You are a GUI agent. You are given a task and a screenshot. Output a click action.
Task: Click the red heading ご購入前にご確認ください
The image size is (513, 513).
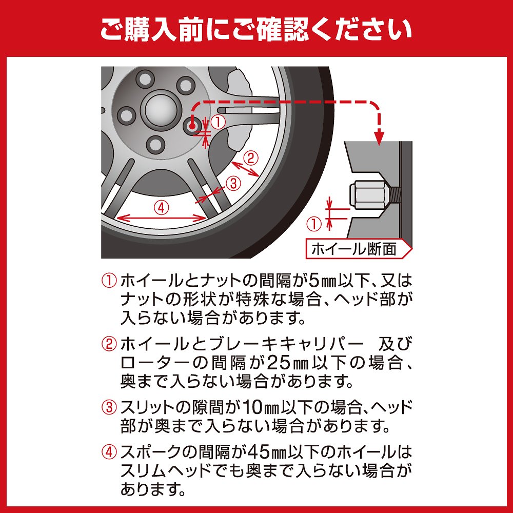tap(256, 30)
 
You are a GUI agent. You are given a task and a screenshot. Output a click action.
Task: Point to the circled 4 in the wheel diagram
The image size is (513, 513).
tap(161, 208)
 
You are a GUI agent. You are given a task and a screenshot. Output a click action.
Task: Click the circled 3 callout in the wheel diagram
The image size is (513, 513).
tap(233, 183)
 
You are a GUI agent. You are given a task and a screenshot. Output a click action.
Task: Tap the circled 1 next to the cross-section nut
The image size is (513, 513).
tap(314, 224)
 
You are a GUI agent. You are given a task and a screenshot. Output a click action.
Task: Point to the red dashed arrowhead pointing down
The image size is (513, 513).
tap(379, 137)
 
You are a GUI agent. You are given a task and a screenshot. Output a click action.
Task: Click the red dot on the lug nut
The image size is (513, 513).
tap(192, 126)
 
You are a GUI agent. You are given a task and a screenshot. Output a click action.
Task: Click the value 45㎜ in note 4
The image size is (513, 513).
tap(267, 452)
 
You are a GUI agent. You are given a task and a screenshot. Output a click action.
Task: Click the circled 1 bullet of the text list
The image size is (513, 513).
tap(109, 281)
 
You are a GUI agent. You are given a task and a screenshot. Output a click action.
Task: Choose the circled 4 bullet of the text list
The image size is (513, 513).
tap(109, 452)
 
